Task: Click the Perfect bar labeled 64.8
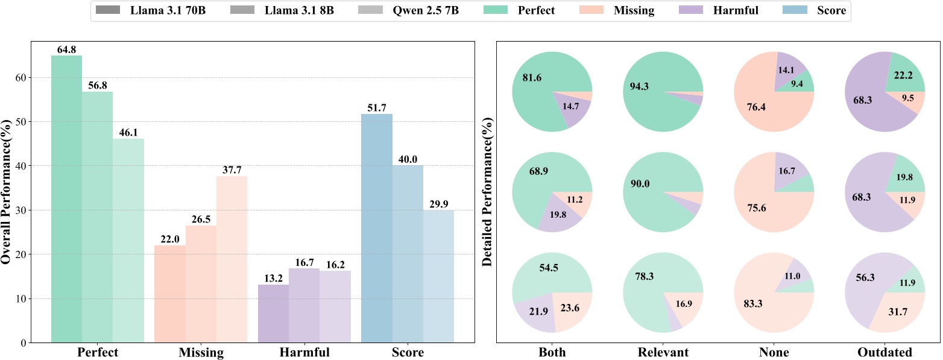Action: click(x=66, y=199)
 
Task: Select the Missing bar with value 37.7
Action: click(x=232, y=259)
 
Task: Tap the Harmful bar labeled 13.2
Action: click(x=273, y=314)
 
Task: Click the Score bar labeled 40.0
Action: click(x=408, y=253)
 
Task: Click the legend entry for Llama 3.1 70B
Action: click(x=150, y=11)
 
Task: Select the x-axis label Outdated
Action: click(x=886, y=352)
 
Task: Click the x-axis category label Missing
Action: click(x=201, y=352)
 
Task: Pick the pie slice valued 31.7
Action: click(x=898, y=311)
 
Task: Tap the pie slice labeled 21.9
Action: click(x=536, y=314)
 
